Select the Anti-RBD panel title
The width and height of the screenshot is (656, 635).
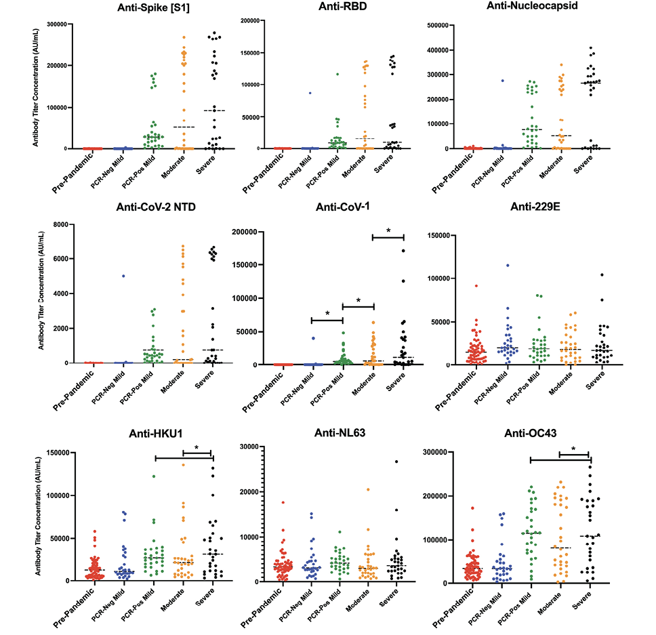coord(327,9)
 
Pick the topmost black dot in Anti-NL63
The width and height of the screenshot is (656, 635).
coord(396,462)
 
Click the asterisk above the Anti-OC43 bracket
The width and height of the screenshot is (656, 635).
coord(573,449)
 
